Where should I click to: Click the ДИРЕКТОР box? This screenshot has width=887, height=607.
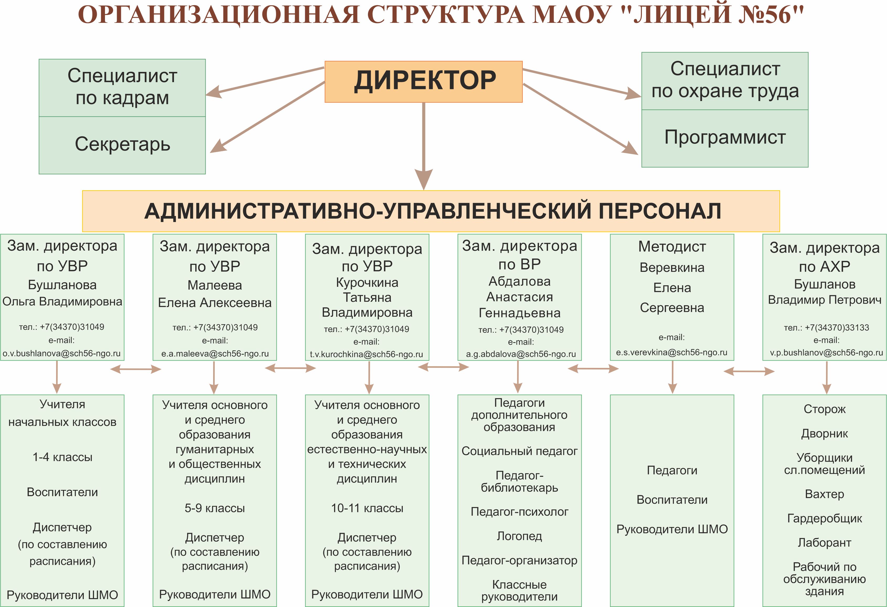(423, 81)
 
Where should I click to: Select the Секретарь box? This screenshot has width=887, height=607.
(122, 145)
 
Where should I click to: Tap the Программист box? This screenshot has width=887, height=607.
(725, 138)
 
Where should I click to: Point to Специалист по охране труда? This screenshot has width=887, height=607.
(725, 80)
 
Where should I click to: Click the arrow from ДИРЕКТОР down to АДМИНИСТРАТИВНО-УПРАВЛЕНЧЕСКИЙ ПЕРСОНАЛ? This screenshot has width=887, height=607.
(424, 145)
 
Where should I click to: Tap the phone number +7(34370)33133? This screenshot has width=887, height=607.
(837, 328)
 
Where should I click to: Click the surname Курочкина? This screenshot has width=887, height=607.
(367, 282)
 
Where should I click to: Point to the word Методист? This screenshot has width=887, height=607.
(672, 247)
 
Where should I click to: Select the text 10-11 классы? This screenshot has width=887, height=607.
(367, 508)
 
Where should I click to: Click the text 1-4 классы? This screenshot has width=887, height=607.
(62, 457)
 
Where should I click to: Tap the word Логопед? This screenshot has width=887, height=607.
(519, 536)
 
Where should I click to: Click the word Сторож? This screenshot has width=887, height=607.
(824, 409)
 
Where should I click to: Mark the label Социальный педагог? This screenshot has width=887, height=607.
(519, 451)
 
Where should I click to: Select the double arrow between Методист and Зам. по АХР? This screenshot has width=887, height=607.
(749, 371)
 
